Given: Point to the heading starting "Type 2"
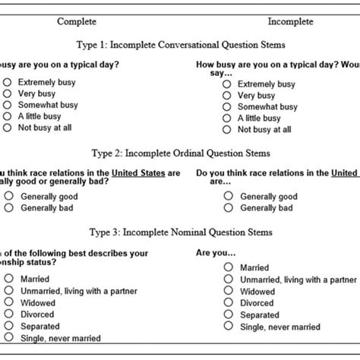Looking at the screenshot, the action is (x=181, y=151).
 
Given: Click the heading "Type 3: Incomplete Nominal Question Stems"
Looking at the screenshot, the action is (x=181, y=232).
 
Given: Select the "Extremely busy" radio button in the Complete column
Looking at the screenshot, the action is (x=8, y=82).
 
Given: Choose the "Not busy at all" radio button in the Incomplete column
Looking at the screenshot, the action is (x=227, y=130).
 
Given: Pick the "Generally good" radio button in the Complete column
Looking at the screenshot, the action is (x=8, y=195).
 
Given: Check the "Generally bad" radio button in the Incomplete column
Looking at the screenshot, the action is (x=227, y=207).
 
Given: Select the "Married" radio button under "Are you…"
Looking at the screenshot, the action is (x=227, y=267).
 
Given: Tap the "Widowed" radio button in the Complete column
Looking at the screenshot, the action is (x=8, y=302).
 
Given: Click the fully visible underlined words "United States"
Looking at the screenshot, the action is (x=137, y=172).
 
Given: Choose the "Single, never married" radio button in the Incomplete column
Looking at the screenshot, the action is (x=227, y=327).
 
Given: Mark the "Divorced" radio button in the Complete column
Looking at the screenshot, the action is (x=8, y=314).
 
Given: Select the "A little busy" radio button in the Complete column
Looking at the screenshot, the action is (x=8, y=116).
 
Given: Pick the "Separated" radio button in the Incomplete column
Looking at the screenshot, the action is (x=227, y=314).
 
